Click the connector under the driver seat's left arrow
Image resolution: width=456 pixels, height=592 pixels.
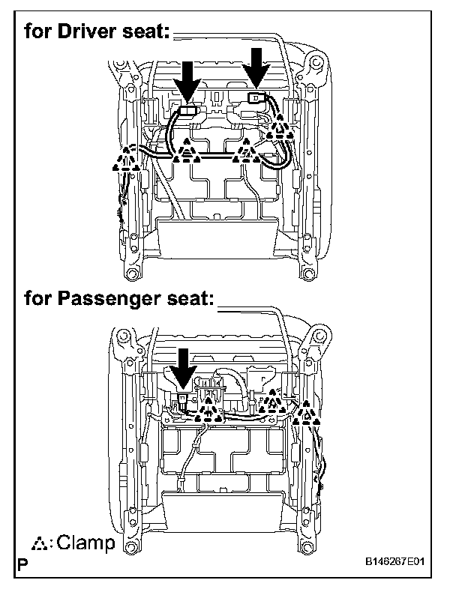coord(187,110)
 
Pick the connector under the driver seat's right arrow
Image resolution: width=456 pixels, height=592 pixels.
coord(255,97)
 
